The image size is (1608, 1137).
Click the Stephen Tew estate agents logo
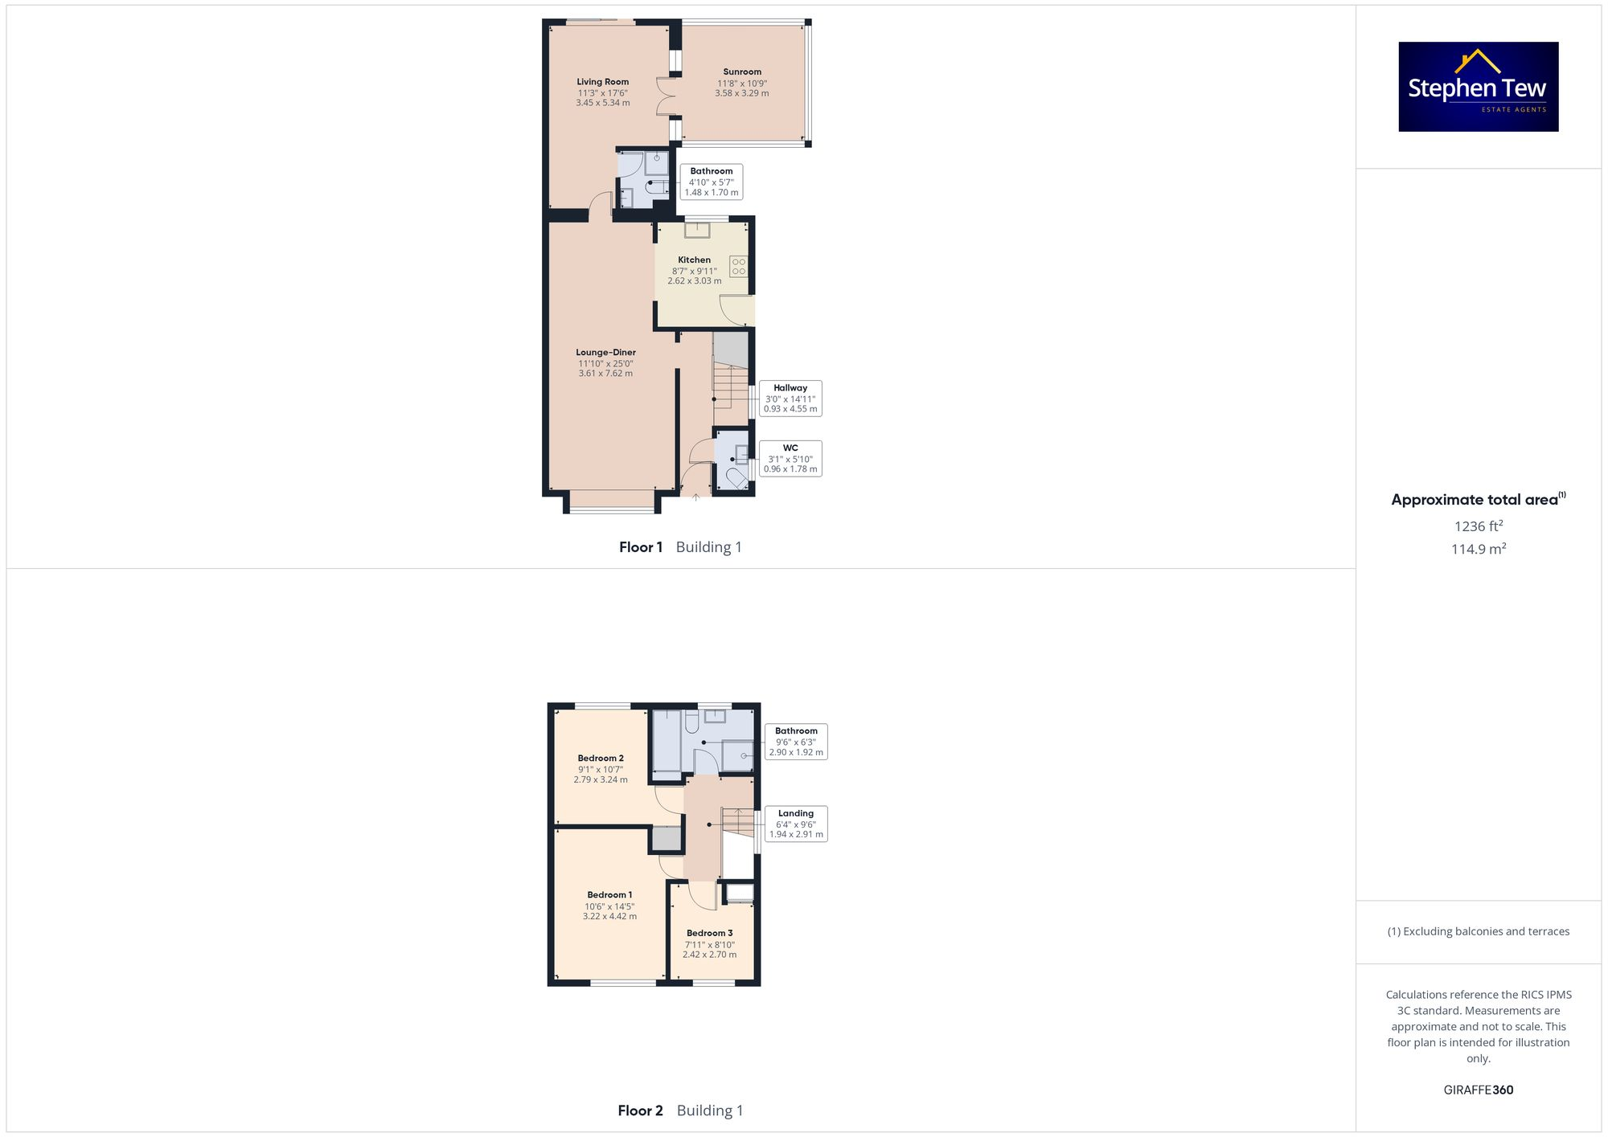1478,87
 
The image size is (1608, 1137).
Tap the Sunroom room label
741,82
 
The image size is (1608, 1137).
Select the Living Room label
602,92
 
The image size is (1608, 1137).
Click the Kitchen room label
694,270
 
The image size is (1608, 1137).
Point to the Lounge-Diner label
605,362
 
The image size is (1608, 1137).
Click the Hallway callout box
790,399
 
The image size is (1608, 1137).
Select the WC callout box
790,459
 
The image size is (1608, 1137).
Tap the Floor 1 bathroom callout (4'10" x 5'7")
712,182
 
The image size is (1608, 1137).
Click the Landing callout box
796,824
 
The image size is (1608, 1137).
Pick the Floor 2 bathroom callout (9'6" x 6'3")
796,742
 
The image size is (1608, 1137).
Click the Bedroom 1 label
609,905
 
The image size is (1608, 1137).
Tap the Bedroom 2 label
601,768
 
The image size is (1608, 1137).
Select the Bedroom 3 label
709,943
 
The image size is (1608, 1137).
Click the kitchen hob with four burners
738,267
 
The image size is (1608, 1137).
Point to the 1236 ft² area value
1478,526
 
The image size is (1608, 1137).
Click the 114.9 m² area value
1478,549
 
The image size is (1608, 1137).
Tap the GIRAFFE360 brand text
1478,1090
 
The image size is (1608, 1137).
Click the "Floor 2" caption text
640,1110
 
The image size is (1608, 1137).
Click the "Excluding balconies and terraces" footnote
1478,931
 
